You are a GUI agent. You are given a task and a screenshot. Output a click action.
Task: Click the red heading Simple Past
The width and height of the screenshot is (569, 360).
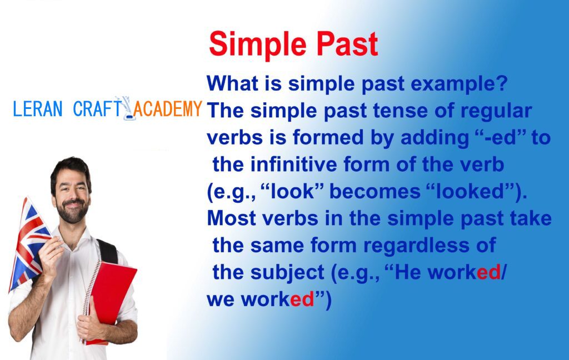[x=293, y=44]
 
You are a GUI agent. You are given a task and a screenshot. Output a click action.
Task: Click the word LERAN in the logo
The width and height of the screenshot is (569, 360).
[x=38, y=108]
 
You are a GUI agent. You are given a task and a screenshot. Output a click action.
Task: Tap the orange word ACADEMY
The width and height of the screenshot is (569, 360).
[x=168, y=108]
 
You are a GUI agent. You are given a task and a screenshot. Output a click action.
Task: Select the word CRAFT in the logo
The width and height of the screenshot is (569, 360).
[x=97, y=108]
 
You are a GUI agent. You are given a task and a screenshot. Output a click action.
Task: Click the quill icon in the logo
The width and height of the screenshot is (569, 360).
[x=127, y=108]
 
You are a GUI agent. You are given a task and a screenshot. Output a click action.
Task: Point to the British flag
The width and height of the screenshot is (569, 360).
[x=28, y=243]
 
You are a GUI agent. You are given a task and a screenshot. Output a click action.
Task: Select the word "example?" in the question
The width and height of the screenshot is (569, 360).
[x=459, y=84]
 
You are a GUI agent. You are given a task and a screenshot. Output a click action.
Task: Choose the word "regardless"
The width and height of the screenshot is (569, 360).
[x=416, y=246]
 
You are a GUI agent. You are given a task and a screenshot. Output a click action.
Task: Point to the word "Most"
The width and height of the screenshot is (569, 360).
[x=232, y=218]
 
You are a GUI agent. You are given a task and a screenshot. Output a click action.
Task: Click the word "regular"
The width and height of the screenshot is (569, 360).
[x=496, y=112]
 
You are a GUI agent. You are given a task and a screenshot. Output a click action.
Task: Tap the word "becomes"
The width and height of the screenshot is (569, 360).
[x=375, y=191]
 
